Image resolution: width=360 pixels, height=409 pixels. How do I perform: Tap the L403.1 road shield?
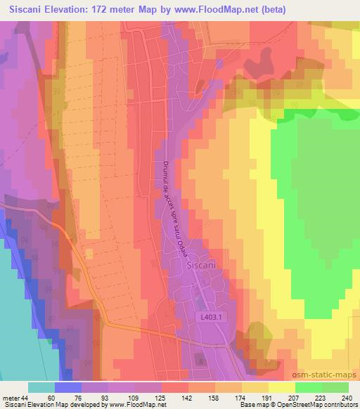[210, 318]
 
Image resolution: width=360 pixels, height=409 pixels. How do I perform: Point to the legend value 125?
[159, 398]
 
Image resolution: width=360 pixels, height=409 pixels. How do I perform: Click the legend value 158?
[213, 398]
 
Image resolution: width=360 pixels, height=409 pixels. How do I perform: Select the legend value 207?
[293, 398]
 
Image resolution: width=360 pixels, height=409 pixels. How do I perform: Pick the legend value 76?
[79, 398]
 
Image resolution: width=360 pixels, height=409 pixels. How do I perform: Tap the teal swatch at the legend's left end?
[41, 387]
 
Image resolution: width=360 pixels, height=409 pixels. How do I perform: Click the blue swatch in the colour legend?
[68, 387]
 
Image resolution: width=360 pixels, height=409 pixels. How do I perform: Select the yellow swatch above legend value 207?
[282, 387]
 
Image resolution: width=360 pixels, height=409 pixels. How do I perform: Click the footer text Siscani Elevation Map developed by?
[50, 405]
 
